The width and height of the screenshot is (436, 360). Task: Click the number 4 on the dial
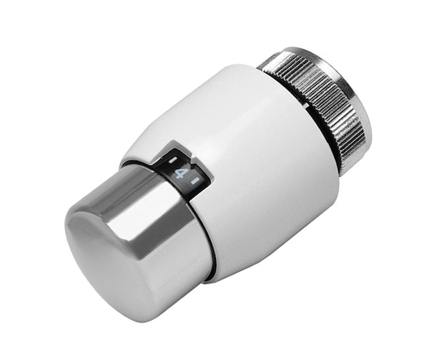180,173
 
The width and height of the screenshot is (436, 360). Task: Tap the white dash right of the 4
195,181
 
